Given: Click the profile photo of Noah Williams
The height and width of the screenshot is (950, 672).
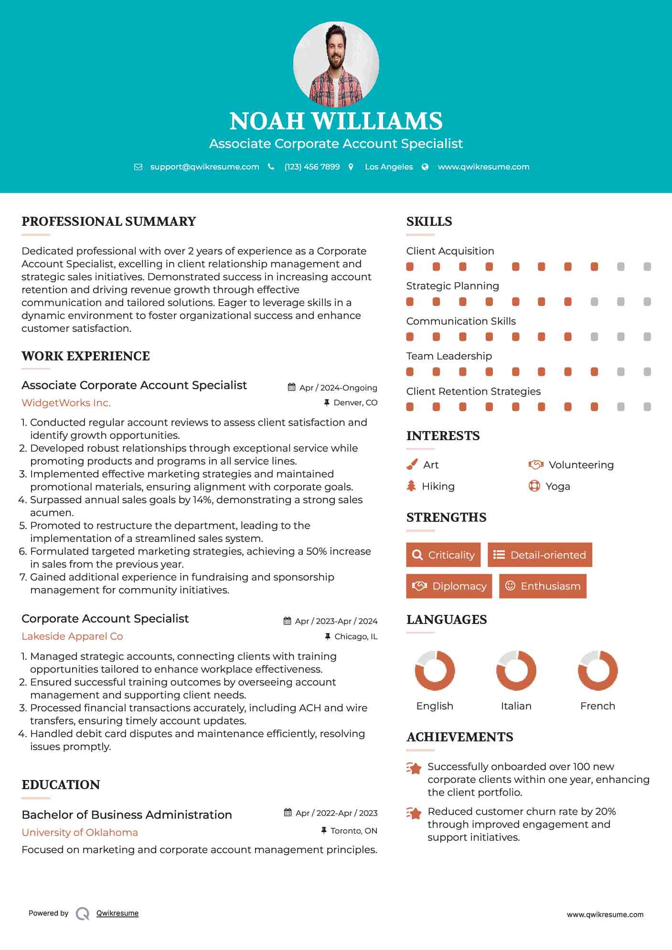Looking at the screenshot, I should [336, 63].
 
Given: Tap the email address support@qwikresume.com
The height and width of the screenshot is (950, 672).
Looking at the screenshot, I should [204, 167].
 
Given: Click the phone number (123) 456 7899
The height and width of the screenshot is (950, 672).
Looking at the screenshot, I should [312, 167].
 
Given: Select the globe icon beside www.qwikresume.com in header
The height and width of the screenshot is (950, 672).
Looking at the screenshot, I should [425, 167].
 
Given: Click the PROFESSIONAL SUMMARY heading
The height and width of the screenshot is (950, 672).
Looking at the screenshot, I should [109, 222].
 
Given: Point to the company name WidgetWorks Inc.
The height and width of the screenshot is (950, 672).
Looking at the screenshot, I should [66, 403].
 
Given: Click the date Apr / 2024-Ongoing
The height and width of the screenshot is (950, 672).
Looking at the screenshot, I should [338, 388].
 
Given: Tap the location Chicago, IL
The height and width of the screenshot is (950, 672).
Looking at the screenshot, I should [356, 636].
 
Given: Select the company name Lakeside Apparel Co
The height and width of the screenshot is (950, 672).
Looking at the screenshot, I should [72, 636].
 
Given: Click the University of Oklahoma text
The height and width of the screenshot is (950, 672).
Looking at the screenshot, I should [80, 833].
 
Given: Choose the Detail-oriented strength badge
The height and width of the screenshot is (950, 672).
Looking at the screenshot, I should [540, 555].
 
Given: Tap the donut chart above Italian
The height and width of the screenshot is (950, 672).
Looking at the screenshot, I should [516, 670].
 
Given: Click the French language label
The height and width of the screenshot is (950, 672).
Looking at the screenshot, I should [597, 706].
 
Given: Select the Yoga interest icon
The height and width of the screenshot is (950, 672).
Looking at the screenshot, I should [534, 486].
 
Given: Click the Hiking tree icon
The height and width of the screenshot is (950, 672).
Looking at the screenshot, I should [411, 486].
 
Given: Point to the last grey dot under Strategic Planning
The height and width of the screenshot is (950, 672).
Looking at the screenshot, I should [647, 302].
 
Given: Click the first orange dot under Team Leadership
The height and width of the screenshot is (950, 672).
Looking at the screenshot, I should [410, 372].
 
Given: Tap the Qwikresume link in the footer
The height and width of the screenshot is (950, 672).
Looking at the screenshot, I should [117, 913].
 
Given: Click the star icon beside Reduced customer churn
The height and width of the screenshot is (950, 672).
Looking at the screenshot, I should [414, 813].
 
